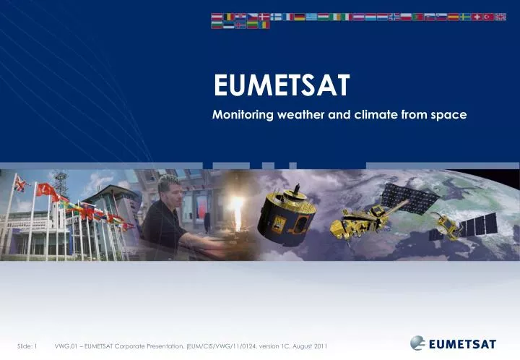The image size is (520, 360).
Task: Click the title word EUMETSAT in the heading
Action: [281, 87]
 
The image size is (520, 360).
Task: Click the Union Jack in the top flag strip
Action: [500, 17]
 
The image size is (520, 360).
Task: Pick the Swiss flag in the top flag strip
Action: [476, 17]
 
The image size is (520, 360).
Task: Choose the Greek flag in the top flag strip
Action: [311, 17]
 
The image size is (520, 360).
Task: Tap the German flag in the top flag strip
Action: [299, 17]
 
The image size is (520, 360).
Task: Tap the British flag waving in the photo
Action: [20, 185]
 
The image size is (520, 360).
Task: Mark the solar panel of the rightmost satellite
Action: [477, 226]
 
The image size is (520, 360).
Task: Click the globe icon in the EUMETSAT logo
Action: [417, 343]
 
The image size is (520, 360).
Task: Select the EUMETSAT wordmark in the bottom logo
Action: [461, 343]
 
